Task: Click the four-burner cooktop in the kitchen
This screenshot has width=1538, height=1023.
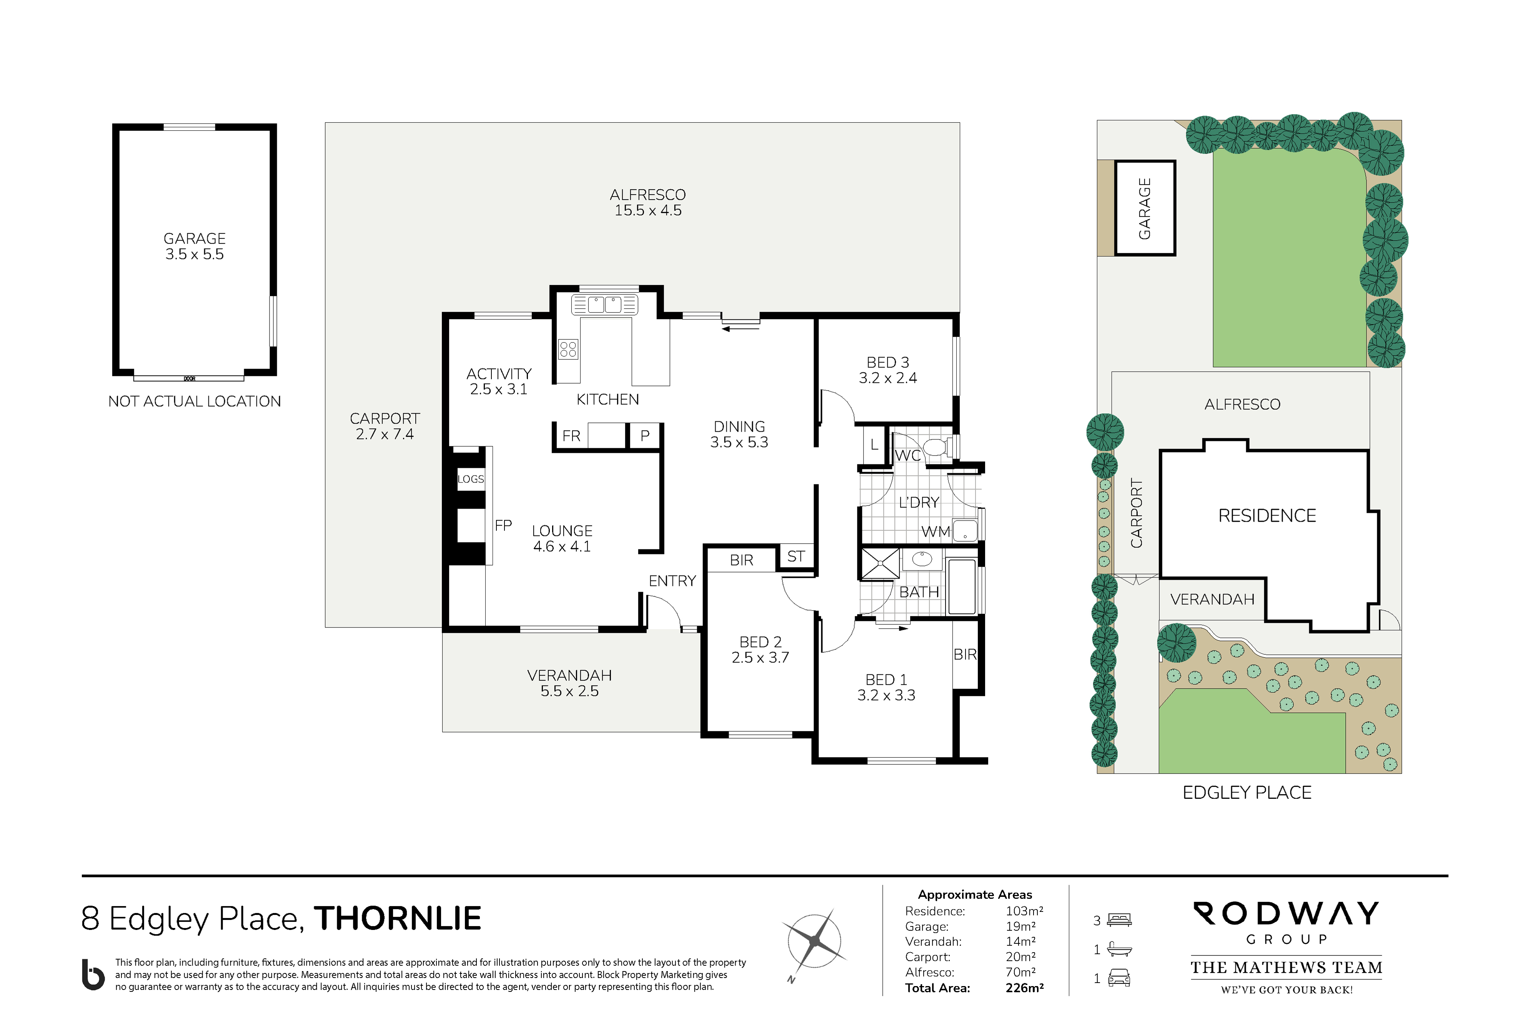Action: [x=568, y=349]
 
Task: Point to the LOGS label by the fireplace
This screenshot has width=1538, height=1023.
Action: [x=471, y=479]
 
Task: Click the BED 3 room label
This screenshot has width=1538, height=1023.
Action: [x=887, y=362]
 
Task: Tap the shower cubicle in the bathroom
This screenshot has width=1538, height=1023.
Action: [x=880, y=564]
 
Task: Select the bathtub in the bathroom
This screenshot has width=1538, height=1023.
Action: [x=962, y=586]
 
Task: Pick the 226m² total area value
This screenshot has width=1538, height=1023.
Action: [x=1024, y=988]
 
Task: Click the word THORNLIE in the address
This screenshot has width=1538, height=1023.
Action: [x=398, y=918]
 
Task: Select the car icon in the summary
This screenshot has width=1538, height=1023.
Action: [x=1119, y=977]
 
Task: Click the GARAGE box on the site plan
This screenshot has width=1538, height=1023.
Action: [x=1145, y=208]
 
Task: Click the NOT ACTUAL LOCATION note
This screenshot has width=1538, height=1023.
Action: [x=195, y=401]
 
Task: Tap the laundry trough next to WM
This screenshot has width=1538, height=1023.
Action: [x=965, y=531]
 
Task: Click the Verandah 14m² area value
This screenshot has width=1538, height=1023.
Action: [x=1020, y=941]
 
